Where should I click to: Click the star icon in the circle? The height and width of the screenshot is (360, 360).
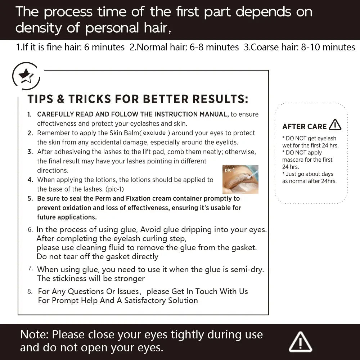[x=26, y=76]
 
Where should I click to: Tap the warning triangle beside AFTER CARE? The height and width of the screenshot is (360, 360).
[x=335, y=125]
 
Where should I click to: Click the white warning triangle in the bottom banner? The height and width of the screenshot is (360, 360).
[x=300, y=342]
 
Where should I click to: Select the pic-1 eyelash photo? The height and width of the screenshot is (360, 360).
[x=240, y=179]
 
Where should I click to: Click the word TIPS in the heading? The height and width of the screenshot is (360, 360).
[x=40, y=99]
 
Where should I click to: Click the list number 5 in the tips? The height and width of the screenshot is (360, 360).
[x=30, y=199]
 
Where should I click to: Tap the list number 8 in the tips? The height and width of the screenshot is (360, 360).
[x=30, y=292]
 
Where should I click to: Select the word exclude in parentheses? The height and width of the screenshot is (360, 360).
[x=154, y=133]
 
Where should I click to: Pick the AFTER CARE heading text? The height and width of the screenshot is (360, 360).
[x=305, y=126]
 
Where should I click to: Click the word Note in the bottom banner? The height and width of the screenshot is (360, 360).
[x=34, y=334]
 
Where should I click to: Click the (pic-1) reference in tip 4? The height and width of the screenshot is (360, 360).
[x=114, y=189]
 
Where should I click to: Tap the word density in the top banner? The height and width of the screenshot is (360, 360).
[x=39, y=28]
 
